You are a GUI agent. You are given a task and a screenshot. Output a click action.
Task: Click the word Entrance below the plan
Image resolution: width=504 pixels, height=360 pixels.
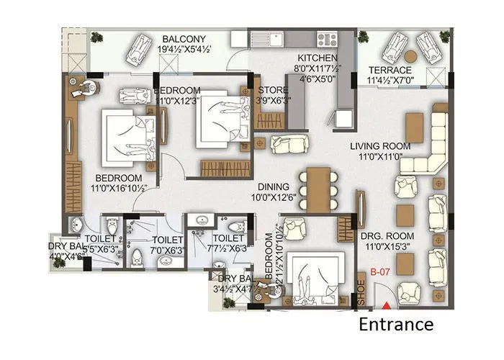tap(396, 325)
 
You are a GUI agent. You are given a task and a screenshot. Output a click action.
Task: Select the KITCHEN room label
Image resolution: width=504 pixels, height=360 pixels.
tap(318, 57)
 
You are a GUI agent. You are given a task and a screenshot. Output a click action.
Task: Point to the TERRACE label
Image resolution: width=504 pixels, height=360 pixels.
tap(390, 71)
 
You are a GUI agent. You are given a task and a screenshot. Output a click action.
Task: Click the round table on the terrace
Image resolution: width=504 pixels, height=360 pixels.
tap(410, 55)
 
